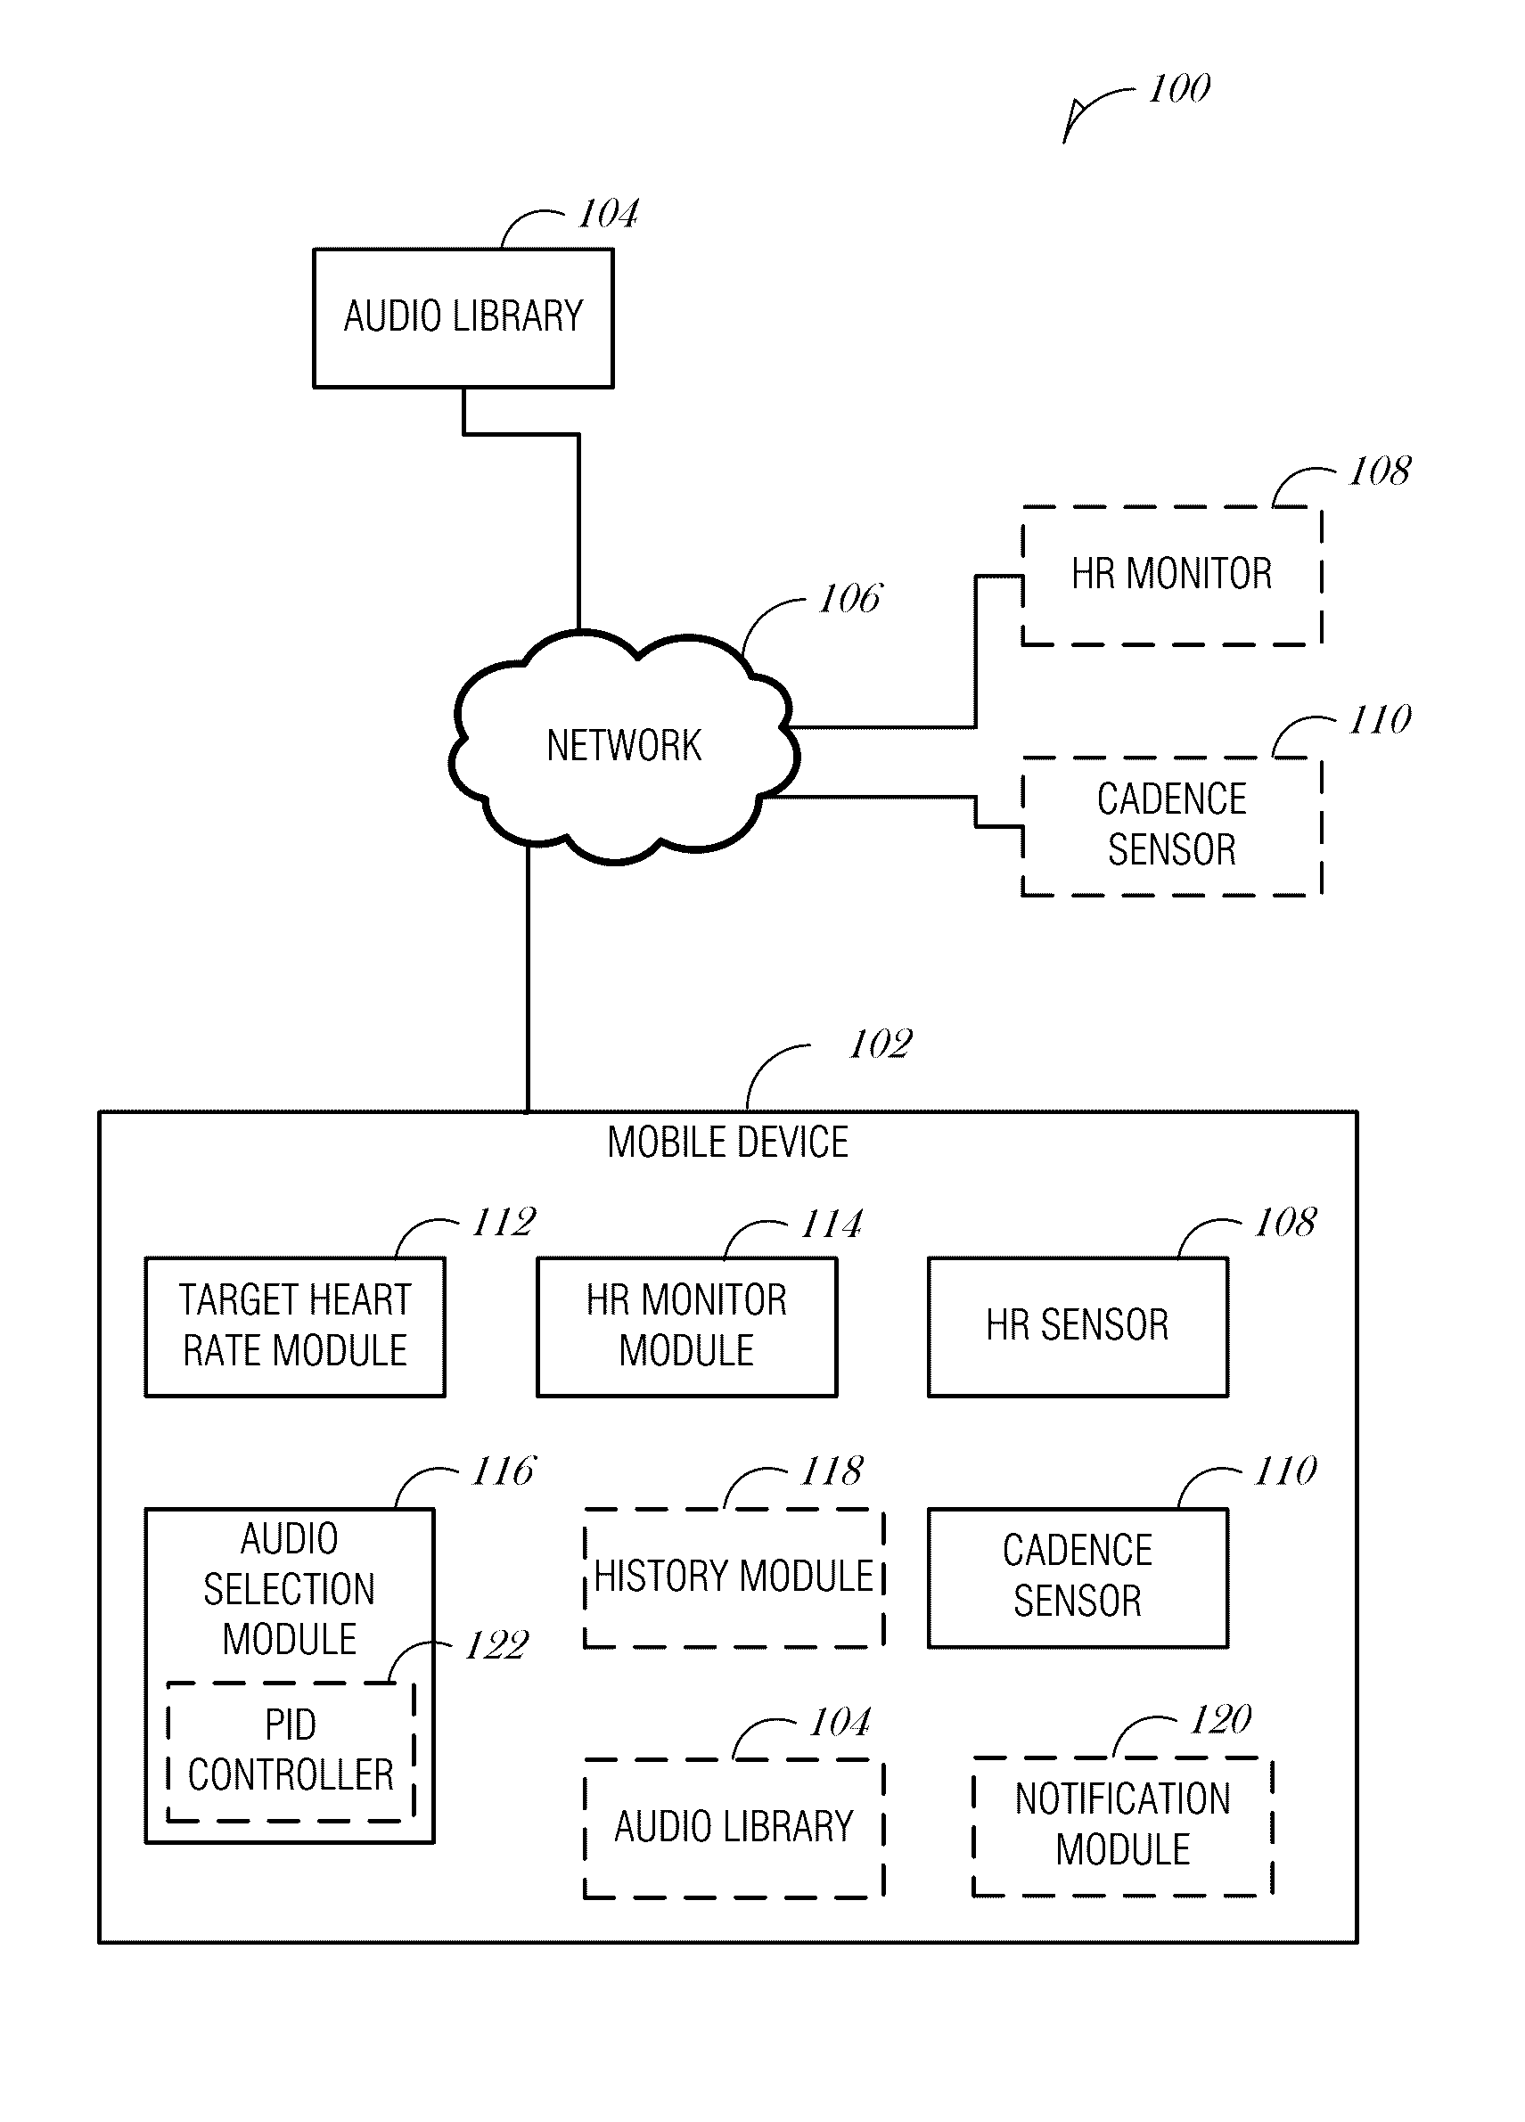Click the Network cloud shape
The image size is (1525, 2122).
(x=624, y=746)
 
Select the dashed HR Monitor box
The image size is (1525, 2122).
(x=1171, y=576)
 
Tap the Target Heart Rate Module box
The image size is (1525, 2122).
(x=295, y=1327)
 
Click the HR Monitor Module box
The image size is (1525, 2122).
(x=686, y=1327)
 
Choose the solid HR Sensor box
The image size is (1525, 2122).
(x=1078, y=1327)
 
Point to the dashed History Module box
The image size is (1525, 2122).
(x=734, y=1577)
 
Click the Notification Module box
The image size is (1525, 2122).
(x=1123, y=1825)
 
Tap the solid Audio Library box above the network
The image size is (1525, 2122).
(x=463, y=317)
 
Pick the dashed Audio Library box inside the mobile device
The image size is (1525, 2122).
(x=734, y=1827)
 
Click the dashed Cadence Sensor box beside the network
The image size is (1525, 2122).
(x=1171, y=825)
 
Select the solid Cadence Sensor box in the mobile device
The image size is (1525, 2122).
(x=1078, y=1577)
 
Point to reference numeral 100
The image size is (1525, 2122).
(x=1180, y=89)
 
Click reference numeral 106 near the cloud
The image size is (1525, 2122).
(x=849, y=599)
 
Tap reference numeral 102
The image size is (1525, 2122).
(x=881, y=1045)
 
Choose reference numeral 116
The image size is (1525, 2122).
(x=504, y=1471)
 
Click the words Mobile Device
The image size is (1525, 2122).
(x=728, y=1143)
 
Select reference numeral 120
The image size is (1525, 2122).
(x=1221, y=1720)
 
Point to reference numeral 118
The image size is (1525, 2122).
(x=832, y=1471)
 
